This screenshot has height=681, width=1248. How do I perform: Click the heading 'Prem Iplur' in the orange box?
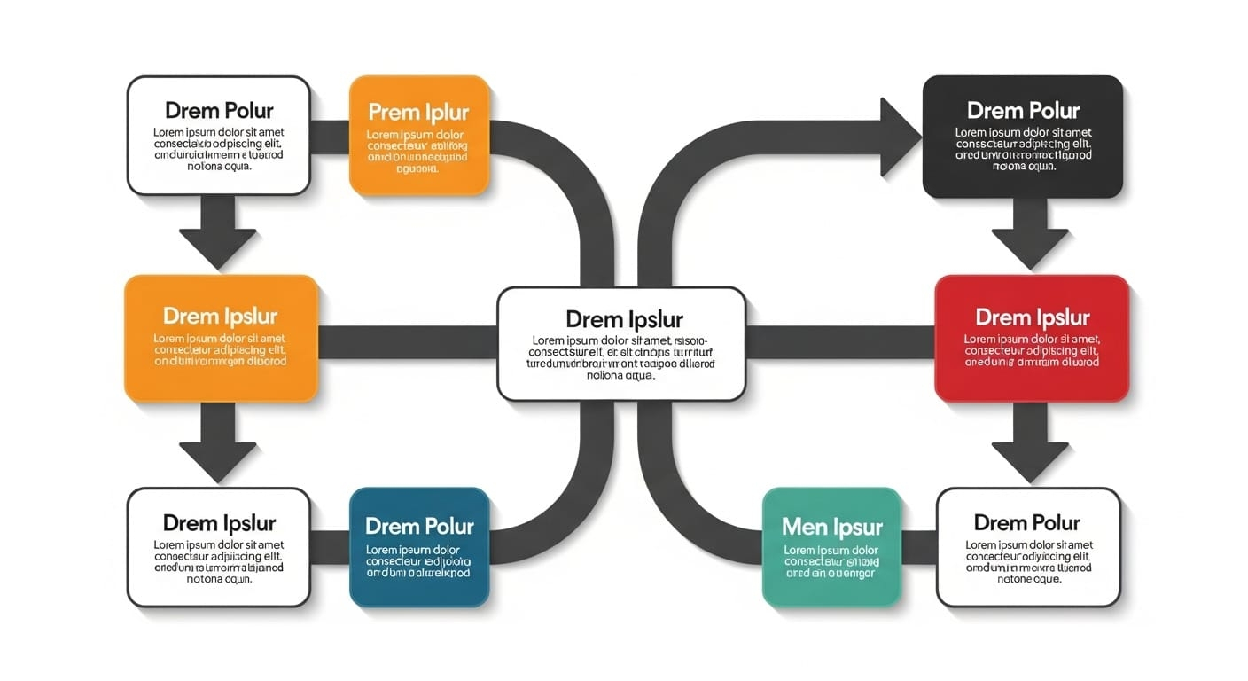pos(418,113)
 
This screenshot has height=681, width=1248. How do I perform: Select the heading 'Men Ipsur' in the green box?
pos(831,528)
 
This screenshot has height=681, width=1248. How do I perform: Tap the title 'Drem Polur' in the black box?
pos(1023,111)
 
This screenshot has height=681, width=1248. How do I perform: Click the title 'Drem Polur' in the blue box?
pos(419,526)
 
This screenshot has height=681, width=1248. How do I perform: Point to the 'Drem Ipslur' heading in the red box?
pos(1032,317)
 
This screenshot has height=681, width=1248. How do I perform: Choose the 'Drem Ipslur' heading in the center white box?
pos(624,319)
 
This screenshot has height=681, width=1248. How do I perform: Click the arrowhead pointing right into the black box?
pos(899,137)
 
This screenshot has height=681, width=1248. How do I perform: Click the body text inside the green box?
pos(831,561)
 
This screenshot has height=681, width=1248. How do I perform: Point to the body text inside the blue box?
pos(419,561)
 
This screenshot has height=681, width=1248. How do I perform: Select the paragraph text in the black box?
pos(1023,149)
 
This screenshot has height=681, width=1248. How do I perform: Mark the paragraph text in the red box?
pos(1032,350)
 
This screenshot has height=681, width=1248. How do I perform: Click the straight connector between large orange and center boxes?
pos(407,342)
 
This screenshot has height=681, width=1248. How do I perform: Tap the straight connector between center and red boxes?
pos(839,342)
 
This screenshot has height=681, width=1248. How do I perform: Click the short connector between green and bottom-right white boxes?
pos(918,547)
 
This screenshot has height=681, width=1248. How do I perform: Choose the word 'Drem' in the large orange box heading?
pos(191,316)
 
